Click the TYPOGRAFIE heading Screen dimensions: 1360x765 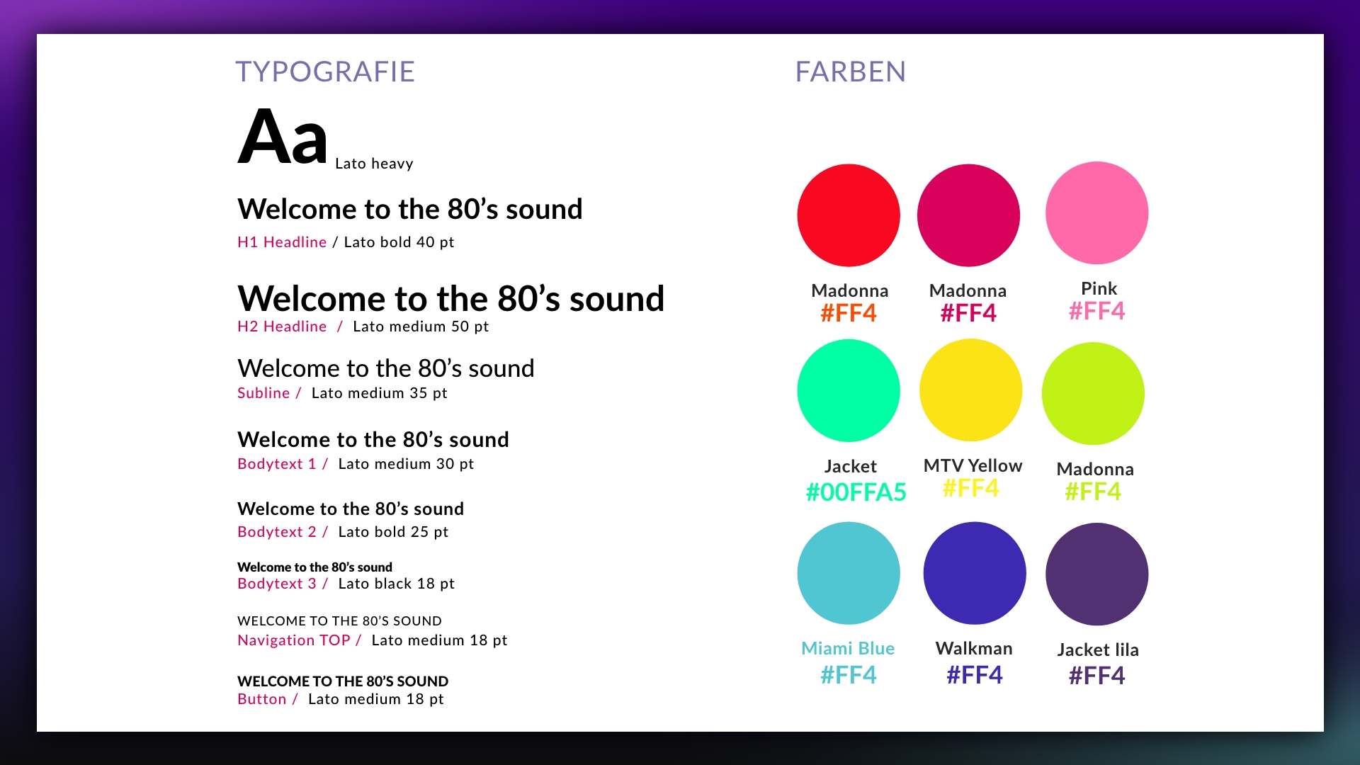(x=325, y=72)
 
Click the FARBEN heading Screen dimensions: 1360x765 (x=850, y=72)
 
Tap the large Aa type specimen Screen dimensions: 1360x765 (x=283, y=137)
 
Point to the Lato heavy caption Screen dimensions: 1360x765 (x=374, y=164)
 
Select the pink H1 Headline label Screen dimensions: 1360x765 (x=282, y=242)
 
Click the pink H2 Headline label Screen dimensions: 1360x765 (x=282, y=327)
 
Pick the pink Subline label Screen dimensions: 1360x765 (x=263, y=393)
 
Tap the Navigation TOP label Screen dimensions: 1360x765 (x=294, y=640)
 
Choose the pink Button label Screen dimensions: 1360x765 (x=262, y=699)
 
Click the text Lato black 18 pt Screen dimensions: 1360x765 (x=396, y=584)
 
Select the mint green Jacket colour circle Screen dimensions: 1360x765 (x=849, y=390)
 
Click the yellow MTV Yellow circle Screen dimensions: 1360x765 (x=970, y=390)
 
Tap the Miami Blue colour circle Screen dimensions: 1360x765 (x=849, y=573)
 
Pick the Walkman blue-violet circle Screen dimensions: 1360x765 (x=975, y=573)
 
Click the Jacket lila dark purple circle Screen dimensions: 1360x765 (x=1096, y=574)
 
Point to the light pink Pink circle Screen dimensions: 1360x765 (x=1096, y=212)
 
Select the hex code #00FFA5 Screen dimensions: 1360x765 (x=856, y=492)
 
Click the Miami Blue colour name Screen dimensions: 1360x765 (x=848, y=649)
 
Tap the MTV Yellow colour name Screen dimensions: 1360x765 (x=973, y=465)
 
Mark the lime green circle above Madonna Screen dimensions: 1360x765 (x=1093, y=393)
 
